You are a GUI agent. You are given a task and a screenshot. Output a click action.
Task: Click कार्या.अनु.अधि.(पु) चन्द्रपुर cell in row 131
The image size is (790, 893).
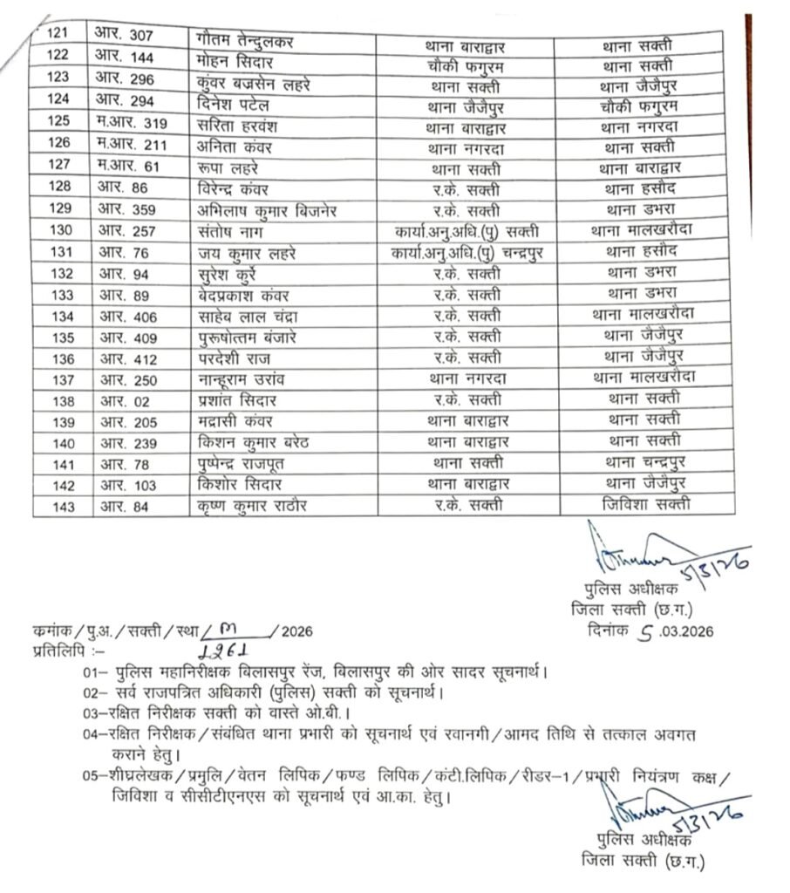(466, 252)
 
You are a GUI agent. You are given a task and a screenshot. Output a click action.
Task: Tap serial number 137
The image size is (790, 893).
(60, 379)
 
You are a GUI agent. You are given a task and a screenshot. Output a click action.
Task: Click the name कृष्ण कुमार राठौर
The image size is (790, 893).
(254, 506)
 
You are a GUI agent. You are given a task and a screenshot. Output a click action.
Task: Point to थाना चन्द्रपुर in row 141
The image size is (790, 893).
(642, 462)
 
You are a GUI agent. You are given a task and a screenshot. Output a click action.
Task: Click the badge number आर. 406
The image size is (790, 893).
(127, 315)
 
